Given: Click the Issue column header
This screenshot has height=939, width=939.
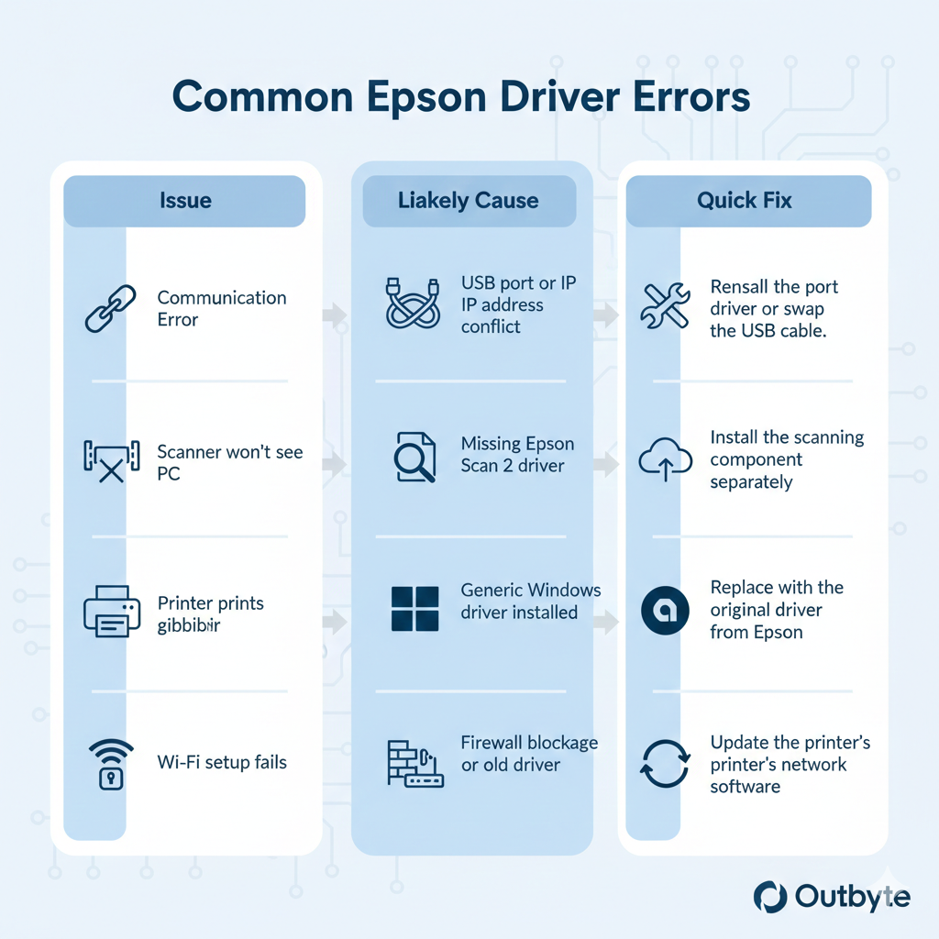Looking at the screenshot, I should (184, 201).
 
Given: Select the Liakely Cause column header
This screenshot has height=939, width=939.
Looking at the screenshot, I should (468, 201).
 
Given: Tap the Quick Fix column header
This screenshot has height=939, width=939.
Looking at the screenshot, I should (745, 201).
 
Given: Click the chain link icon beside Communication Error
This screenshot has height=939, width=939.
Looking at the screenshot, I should (110, 308).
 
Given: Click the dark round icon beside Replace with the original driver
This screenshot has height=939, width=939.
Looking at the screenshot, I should (665, 610).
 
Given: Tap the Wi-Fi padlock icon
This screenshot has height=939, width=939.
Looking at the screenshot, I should (110, 763).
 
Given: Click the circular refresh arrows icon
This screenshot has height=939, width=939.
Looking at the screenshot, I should (664, 764).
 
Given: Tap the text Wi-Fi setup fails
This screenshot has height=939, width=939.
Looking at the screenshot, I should (222, 762).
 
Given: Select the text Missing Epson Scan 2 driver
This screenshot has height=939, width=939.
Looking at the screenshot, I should (517, 455).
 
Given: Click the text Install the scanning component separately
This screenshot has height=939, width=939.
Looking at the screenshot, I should (787, 459).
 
